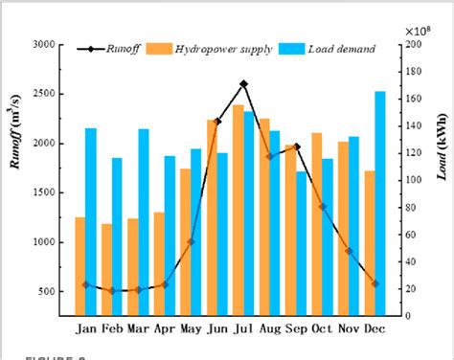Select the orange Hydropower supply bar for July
click(238, 210)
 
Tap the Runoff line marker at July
click(244, 84)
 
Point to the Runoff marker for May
click(191, 241)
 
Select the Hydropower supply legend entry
click(225, 47)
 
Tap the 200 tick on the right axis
click(412, 44)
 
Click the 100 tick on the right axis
click(412, 180)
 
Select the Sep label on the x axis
click(296, 328)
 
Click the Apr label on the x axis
click(165, 328)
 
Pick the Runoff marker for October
click(323, 206)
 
